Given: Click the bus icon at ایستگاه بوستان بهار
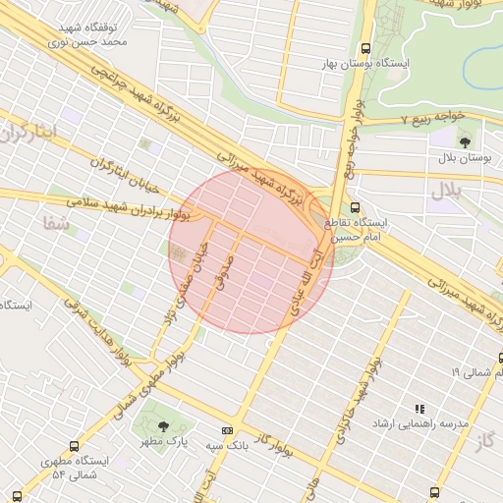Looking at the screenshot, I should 366,47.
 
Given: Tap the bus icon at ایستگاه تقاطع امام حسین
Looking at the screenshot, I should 356,208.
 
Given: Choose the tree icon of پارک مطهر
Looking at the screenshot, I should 163,425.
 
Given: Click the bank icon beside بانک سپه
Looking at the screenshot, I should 228,429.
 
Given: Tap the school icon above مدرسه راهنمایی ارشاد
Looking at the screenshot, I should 419,409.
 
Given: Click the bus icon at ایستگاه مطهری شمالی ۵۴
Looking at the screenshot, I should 75,445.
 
